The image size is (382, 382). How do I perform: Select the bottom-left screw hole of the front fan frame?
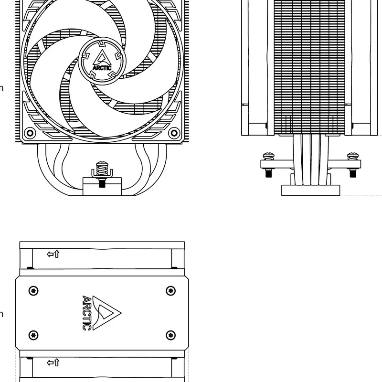coord(30,132)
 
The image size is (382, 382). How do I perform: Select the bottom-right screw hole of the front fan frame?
coord(173,132)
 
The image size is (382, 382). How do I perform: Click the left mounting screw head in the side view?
coord(268,156)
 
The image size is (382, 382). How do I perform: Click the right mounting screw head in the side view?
coord(353,156)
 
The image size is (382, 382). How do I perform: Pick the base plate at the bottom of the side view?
coord(310,191)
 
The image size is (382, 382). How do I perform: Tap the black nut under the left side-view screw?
coord(268,173)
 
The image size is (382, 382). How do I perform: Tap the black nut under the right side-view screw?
coord(353,173)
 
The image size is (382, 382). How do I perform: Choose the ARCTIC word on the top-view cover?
coord(86,313)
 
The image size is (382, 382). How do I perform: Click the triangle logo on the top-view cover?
coord(106,313)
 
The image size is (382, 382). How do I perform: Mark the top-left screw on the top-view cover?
coord(33,290)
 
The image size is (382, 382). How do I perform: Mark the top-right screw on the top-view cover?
coord(170,290)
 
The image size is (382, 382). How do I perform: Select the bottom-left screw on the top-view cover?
coord(33,334)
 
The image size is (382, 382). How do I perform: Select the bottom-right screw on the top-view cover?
coord(170,334)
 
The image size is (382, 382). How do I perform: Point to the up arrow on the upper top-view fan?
coord(57,254)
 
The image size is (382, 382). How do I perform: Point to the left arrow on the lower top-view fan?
coord(50,363)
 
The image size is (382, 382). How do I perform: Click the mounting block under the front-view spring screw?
coord(102,186)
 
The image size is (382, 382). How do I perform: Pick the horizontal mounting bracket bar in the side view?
coord(310,164)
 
